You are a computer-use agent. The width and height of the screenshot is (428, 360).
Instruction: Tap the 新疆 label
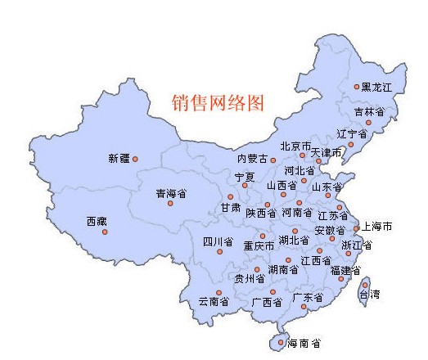(119, 158)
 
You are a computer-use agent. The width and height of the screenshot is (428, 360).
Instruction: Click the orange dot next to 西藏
(105, 232)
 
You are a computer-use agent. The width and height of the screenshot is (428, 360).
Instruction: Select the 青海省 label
(171, 194)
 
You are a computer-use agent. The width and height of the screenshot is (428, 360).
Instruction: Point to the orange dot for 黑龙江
(357, 86)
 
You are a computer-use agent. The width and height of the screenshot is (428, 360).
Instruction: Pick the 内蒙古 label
(252, 159)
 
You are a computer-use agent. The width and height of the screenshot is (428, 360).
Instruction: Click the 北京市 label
(295, 146)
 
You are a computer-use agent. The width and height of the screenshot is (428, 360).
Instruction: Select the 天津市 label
(327, 153)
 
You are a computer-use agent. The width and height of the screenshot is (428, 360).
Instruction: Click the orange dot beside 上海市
(356, 228)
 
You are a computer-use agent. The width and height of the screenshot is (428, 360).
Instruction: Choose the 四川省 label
(219, 242)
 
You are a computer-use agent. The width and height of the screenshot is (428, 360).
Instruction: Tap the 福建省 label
(345, 270)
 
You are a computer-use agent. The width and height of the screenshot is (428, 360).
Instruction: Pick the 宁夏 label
(245, 177)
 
